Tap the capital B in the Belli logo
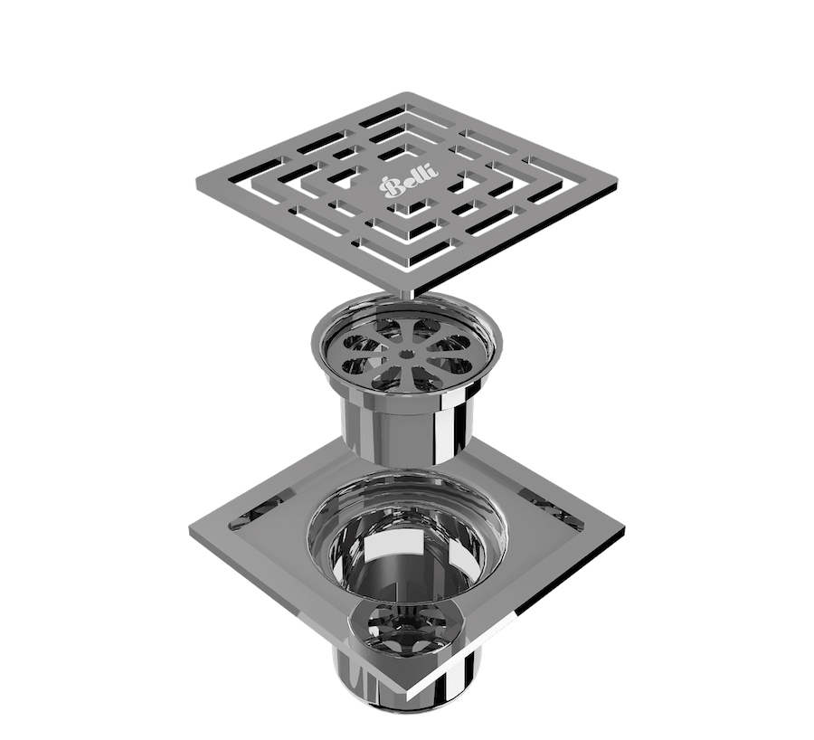pos(390,186)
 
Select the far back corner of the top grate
pos(404,93)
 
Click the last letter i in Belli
pos(431,172)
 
